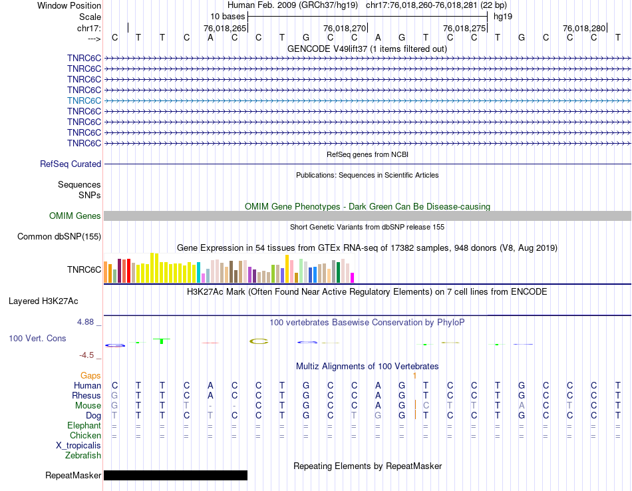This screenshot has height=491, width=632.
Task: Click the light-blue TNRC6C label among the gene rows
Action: [x=84, y=100]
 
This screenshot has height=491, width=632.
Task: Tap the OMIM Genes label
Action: [x=75, y=216]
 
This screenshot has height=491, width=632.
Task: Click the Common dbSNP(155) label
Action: [x=59, y=236]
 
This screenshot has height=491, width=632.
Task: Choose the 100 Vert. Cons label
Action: [x=37, y=338]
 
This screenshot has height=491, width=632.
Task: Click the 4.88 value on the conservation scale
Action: [x=88, y=321]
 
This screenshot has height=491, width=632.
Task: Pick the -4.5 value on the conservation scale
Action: [x=90, y=355]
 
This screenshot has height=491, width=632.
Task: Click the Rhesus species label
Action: [x=86, y=395]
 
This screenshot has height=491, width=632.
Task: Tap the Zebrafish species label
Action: [x=83, y=455]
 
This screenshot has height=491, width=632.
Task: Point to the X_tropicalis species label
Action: [x=79, y=445]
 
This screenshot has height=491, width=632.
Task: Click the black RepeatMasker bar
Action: [x=176, y=475]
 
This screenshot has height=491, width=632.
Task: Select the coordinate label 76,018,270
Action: [x=345, y=28]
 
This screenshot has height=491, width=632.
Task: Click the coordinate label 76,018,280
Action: [x=584, y=28]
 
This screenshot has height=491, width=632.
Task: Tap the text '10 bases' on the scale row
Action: [x=228, y=16]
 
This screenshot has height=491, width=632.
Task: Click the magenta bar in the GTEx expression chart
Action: [x=353, y=277]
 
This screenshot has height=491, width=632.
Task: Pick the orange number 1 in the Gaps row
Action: [x=414, y=376]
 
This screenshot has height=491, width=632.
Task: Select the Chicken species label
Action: [x=85, y=435]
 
